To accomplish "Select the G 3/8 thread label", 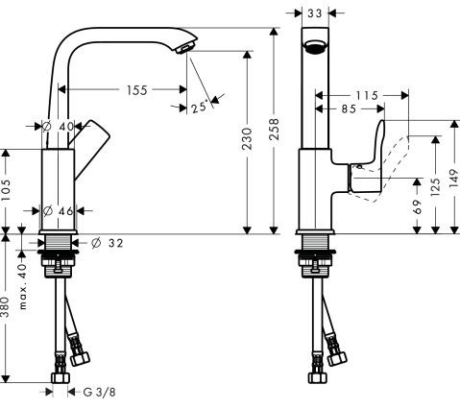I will click(99, 392).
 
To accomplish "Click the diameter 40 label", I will click(60, 126).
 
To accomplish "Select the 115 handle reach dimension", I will click(363, 96).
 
